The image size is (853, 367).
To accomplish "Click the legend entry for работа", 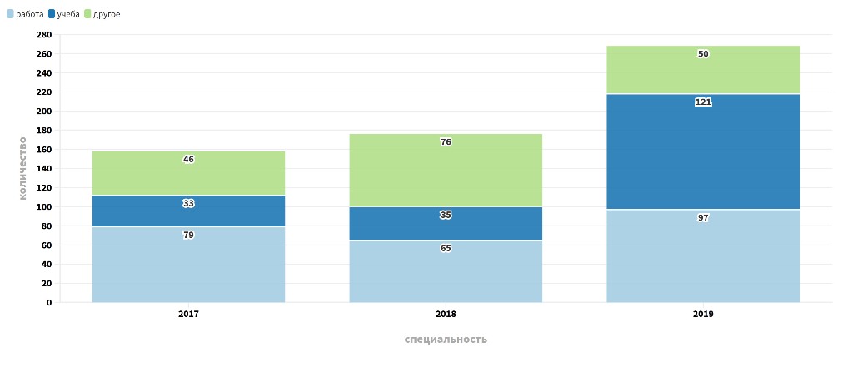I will click(25, 14).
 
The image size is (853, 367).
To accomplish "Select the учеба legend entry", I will click(64, 14).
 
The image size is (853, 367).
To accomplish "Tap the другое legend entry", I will click(102, 14).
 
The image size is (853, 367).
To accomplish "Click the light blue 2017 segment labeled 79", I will click(188, 265).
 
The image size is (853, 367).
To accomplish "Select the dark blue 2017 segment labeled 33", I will click(188, 211).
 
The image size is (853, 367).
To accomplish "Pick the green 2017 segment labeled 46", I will click(188, 173).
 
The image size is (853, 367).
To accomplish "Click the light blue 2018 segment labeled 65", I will click(446, 271).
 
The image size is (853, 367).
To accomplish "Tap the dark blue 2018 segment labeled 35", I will click(446, 223).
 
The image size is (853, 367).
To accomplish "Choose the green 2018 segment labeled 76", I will click(446, 170).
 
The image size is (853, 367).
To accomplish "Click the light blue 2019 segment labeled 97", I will click(703, 256).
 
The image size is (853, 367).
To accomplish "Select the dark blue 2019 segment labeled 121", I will click(703, 151).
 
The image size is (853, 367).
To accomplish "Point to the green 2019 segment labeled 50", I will click(703, 70).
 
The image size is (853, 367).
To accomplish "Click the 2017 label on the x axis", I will click(188, 315).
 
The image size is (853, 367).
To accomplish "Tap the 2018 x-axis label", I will click(446, 315).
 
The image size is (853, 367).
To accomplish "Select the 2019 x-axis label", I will click(703, 315).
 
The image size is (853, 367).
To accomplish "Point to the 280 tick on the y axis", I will click(44, 35).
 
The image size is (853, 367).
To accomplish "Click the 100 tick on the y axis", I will click(44, 207).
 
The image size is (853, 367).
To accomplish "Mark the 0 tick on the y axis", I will click(48, 303).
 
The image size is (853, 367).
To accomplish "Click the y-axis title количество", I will click(22, 167).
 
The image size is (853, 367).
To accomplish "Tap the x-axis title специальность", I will click(446, 340).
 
